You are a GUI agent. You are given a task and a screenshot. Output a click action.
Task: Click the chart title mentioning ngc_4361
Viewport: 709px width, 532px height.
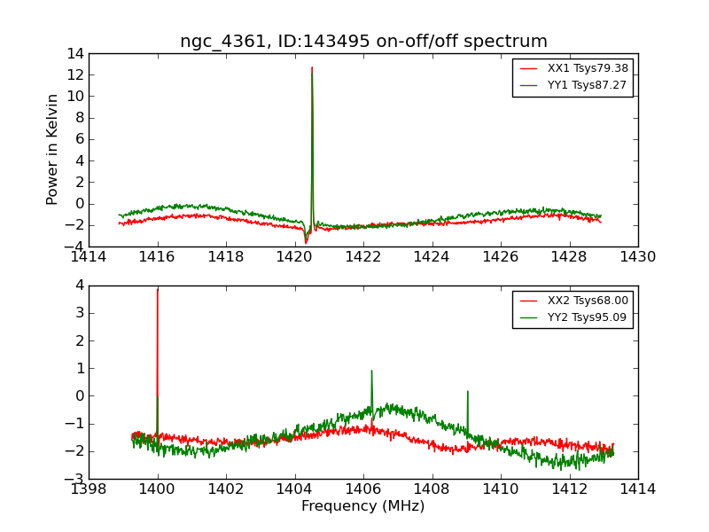click(x=363, y=42)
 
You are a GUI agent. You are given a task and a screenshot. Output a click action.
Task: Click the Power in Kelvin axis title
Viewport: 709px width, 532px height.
click(x=53, y=149)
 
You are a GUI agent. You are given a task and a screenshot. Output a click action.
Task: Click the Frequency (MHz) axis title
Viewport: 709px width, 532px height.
click(x=362, y=506)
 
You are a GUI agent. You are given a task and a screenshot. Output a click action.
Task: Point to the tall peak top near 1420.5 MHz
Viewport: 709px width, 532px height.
click(x=312, y=67)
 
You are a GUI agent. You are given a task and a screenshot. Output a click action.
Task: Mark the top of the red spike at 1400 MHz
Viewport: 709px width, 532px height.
click(x=158, y=289)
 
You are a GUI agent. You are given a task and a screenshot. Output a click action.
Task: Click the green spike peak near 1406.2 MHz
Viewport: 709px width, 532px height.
click(x=371, y=371)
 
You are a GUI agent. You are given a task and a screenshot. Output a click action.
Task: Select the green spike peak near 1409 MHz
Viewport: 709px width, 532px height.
click(x=467, y=391)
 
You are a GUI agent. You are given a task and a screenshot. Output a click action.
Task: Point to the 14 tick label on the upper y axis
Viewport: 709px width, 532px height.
click(x=74, y=54)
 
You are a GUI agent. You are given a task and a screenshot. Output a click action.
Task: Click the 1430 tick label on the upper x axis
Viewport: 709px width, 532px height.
click(x=637, y=256)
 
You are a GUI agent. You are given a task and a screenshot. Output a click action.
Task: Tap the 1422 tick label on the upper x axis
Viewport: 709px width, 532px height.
click(x=363, y=256)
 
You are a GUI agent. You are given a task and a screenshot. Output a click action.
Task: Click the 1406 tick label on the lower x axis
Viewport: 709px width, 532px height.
click(x=363, y=489)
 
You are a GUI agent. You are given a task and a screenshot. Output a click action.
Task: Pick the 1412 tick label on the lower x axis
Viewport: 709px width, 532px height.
click(x=569, y=489)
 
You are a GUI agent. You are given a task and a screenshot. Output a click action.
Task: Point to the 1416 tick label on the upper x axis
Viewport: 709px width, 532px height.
click(x=158, y=256)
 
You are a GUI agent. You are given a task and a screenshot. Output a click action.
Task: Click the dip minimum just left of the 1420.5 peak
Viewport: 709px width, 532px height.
click(x=306, y=242)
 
